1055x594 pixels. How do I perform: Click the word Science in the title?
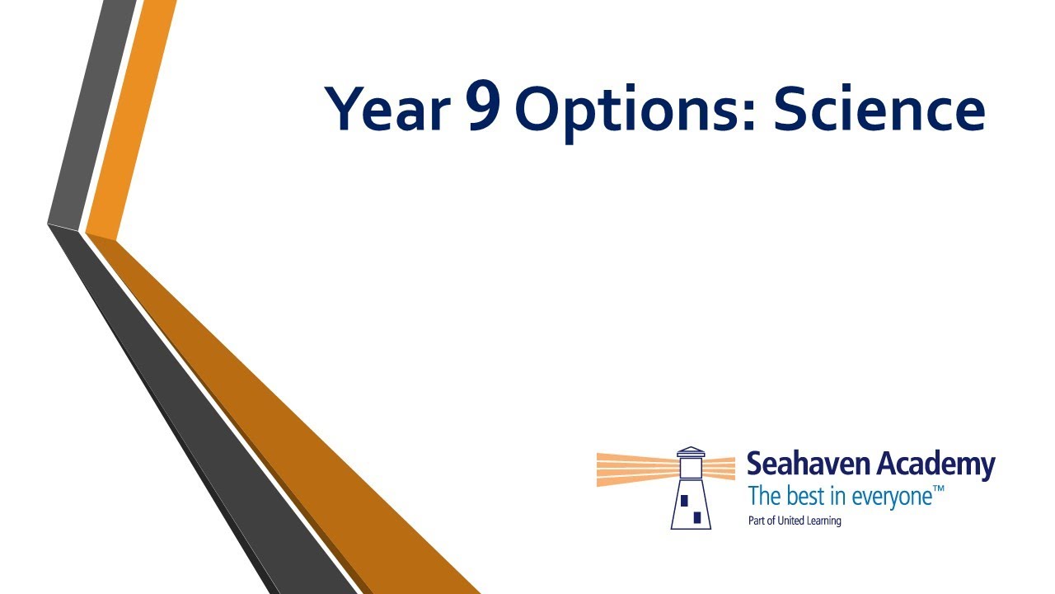coord(879,107)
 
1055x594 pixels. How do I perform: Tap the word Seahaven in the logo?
coord(807,464)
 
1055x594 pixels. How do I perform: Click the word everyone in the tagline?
coord(892,497)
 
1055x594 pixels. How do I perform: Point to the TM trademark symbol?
coord(938,489)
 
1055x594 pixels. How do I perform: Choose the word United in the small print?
coord(790,521)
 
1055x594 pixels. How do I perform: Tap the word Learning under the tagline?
coord(823,521)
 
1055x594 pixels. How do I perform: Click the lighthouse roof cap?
coord(691,451)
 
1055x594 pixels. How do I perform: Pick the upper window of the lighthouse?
coord(684,500)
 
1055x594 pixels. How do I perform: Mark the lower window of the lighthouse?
coord(697,517)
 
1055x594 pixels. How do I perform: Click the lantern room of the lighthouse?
coord(691,468)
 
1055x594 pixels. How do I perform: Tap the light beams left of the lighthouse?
coord(638,469)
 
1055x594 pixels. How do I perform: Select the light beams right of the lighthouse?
coord(719,469)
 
